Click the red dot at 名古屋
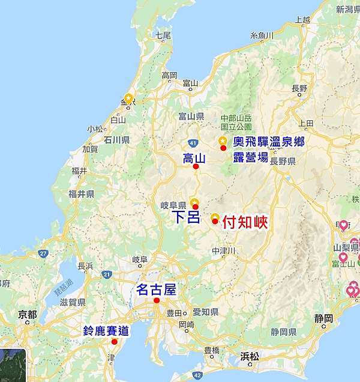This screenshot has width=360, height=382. point(156,300)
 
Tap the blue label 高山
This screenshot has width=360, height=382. point(194,159)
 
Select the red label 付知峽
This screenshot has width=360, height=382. point(244,222)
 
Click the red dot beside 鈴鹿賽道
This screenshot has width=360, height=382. point(114,342)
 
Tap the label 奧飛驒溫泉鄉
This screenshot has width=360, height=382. point(269,142)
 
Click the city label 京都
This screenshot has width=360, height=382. point(28,314)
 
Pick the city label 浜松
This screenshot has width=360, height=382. point(250,356)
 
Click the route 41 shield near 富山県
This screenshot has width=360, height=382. point(191,142)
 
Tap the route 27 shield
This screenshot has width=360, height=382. point(43,253)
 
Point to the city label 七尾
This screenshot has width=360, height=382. point(163,35)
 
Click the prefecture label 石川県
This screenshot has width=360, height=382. point(117,140)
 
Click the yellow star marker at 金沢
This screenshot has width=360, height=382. point(128,98)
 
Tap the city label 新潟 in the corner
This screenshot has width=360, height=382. point(347,10)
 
